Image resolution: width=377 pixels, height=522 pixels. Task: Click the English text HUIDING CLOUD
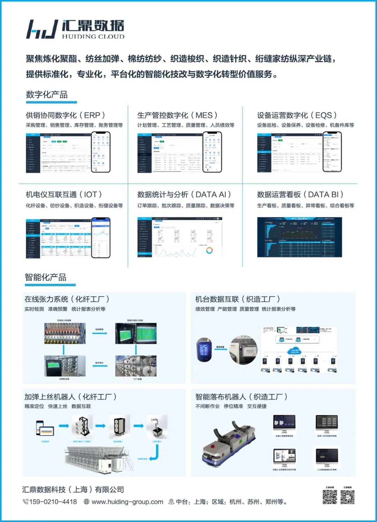click(93, 36)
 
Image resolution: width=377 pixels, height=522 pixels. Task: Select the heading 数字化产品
click(47, 94)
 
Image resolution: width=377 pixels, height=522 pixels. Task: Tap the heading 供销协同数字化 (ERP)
click(65, 115)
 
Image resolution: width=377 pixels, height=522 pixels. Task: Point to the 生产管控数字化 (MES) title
click(177, 115)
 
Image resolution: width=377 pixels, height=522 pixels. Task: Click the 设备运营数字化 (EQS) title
click(297, 115)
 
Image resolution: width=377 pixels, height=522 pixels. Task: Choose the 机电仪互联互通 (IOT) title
click(64, 194)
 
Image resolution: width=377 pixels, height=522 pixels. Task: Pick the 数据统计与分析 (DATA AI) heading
click(184, 194)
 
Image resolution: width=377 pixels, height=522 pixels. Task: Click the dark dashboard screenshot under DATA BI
click(300, 237)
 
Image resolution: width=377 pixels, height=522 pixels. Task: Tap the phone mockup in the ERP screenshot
click(101, 152)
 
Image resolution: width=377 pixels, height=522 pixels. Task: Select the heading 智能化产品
click(45, 277)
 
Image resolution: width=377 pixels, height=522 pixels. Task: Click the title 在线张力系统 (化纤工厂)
click(67, 299)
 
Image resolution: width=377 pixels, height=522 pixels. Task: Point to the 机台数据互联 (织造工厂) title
click(237, 299)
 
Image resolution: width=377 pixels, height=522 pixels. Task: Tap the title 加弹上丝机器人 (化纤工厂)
click(70, 397)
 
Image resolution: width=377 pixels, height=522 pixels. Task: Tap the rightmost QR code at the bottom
click(347, 497)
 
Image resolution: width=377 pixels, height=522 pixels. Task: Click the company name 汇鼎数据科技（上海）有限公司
click(73, 490)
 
